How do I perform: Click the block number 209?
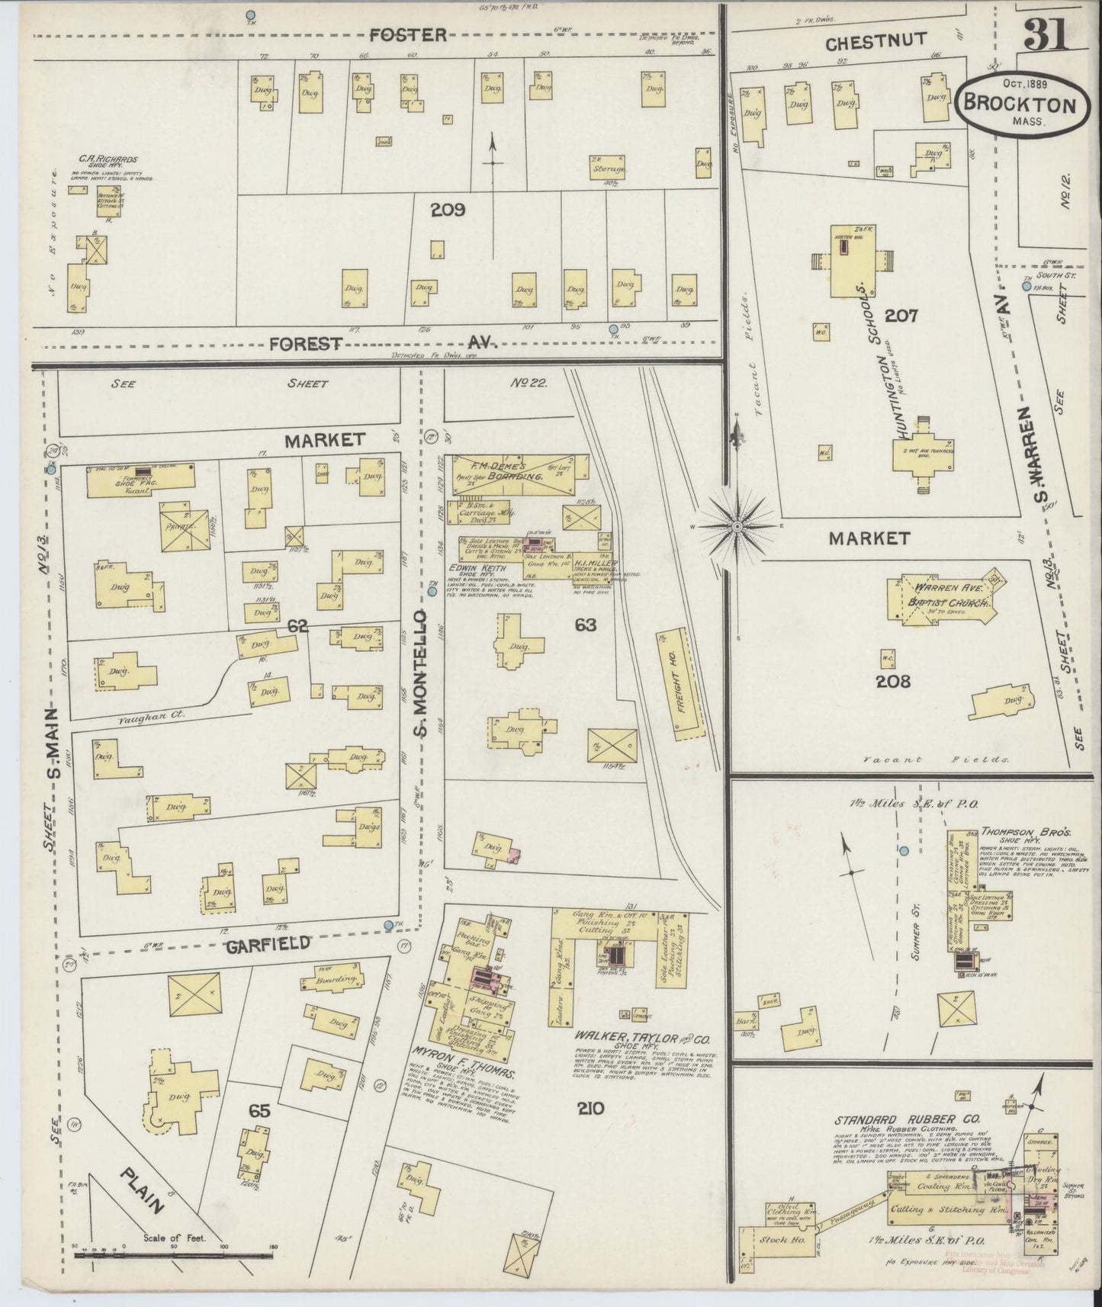(x=448, y=209)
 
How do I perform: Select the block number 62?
(x=297, y=626)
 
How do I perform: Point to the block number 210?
(x=591, y=1108)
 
